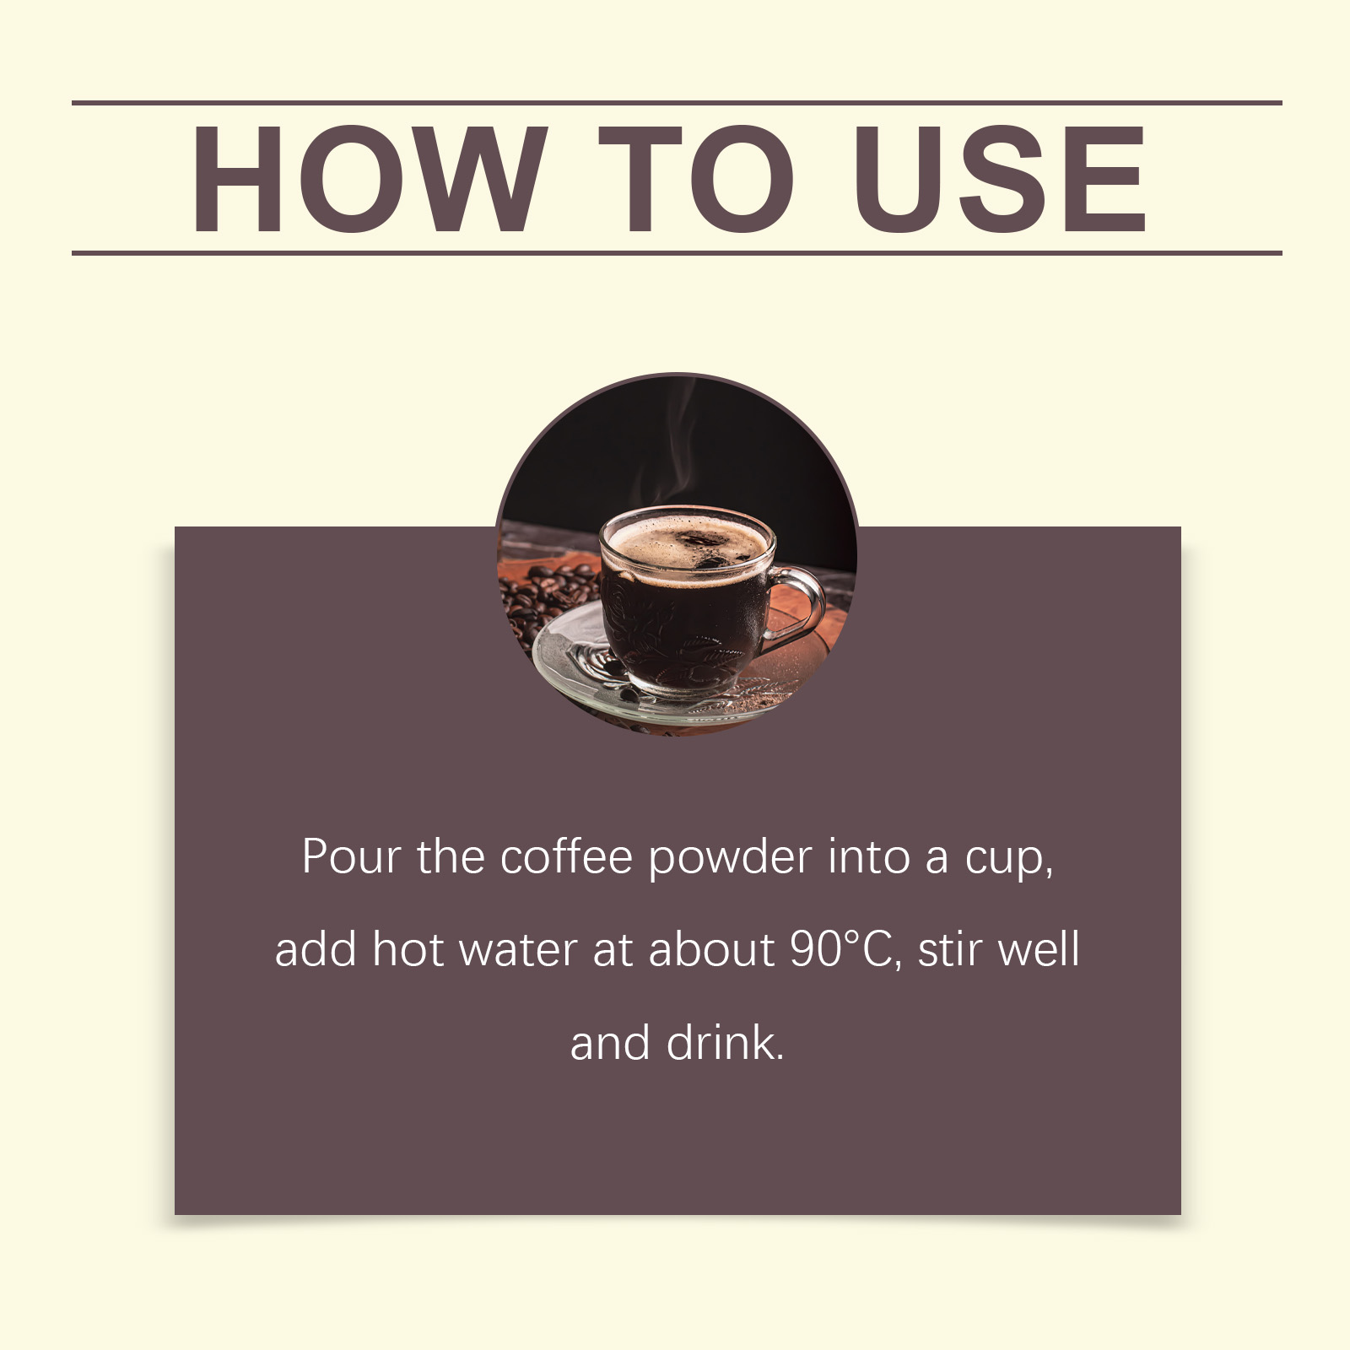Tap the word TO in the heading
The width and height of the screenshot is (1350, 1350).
tap(696, 178)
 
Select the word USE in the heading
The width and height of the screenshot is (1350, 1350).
tap(1000, 178)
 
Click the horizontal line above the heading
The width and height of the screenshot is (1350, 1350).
tap(677, 103)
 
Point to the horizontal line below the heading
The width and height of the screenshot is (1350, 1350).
tap(677, 252)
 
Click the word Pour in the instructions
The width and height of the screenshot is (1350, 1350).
tap(351, 857)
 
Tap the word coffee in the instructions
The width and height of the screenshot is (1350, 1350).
tap(566, 856)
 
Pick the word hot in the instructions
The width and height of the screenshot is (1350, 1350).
tap(408, 950)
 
